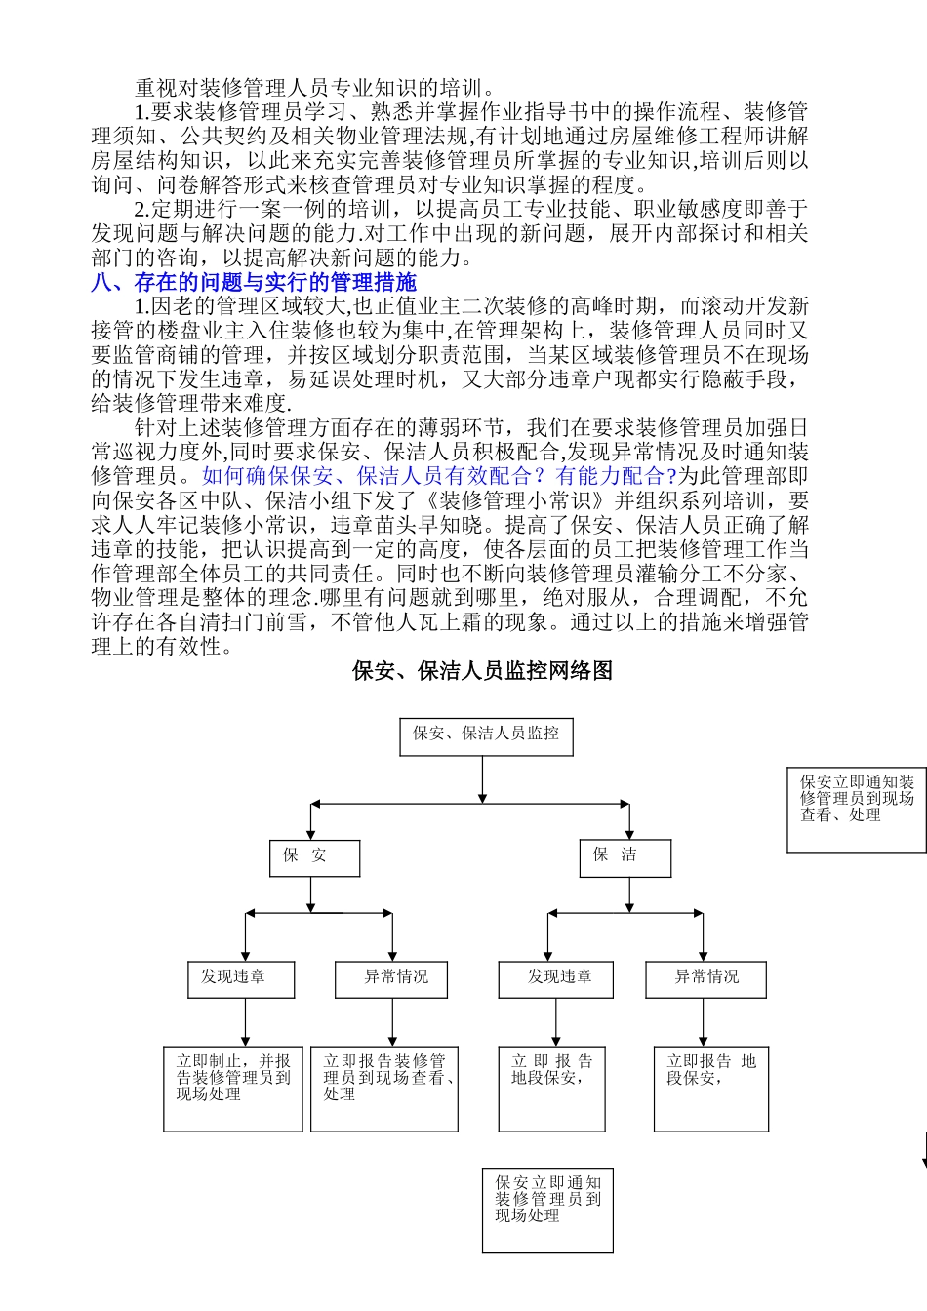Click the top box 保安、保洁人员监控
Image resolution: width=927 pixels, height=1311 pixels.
coord(486,736)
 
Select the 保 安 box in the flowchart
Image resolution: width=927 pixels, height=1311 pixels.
coord(314,858)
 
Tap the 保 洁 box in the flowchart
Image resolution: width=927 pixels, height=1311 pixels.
coord(625,857)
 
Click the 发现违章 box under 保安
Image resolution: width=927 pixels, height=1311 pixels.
coord(240,979)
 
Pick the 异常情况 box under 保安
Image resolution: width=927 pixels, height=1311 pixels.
coord(391,979)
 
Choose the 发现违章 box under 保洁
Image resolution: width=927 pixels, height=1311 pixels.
coord(555,979)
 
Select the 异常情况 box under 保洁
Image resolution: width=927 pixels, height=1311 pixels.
coord(705,979)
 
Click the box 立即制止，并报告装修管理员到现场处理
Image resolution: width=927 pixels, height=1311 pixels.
coord(232,1089)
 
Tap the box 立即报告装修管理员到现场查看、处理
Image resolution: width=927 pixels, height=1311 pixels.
coord(383,1089)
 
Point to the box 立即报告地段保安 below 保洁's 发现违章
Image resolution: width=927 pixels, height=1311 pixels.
coord(555,1089)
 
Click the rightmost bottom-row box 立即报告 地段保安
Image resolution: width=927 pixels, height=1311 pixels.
coord(710,1089)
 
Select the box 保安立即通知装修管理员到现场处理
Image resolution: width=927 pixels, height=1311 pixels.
coord(547,1211)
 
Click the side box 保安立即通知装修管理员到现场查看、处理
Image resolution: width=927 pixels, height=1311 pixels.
coord(857,810)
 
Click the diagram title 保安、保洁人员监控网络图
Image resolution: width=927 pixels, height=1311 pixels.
coord(482,671)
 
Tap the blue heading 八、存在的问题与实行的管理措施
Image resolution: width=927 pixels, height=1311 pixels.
coord(254,283)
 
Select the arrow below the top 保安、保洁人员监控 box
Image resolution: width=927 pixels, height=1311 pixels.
coord(482,779)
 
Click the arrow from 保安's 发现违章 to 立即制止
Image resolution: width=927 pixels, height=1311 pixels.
coord(245,1022)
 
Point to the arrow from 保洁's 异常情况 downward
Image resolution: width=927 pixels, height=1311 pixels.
coord(703,1022)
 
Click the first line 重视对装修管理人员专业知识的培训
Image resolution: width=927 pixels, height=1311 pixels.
coord(315,89)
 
